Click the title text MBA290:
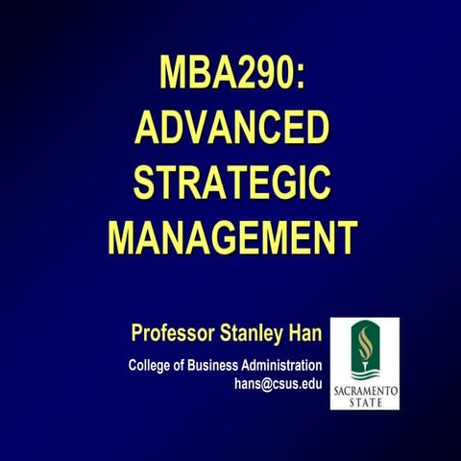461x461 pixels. (231, 75)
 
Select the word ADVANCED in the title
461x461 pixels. (231, 129)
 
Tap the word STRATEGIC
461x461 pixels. (231, 182)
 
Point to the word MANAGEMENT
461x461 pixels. (231, 235)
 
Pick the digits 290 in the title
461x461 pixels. (257, 75)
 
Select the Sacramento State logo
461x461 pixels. (365, 364)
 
